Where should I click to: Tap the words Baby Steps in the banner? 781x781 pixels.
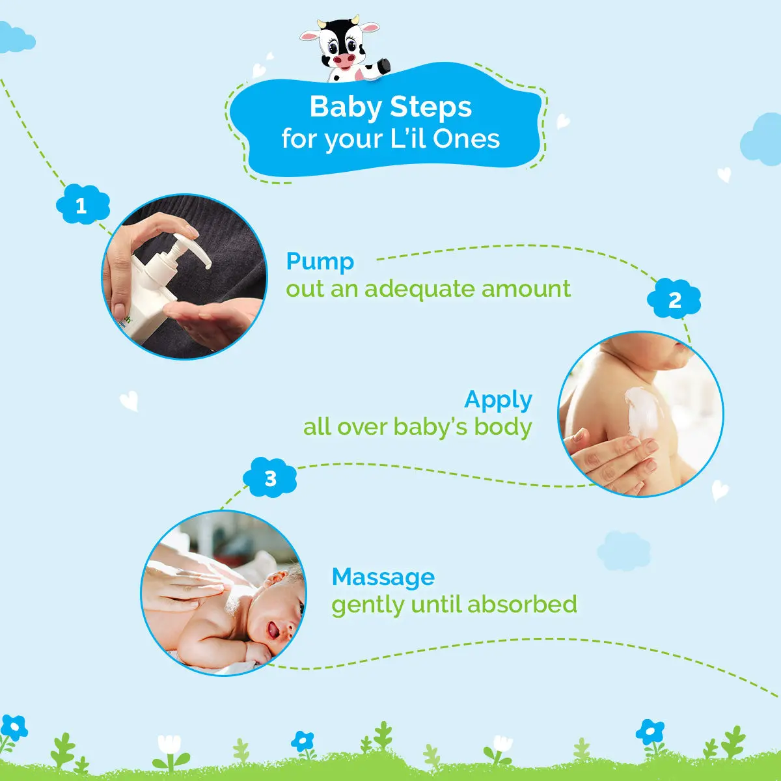[390, 107]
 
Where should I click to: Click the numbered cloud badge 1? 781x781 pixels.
[82, 205]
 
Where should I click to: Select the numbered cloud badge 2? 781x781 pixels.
[674, 299]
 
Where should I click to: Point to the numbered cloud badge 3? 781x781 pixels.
[270, 478]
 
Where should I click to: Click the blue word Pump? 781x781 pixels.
[320, 262]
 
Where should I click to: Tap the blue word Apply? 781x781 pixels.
[498, 400]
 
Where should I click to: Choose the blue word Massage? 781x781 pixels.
[383, 577]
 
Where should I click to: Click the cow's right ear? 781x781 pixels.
[370, 29]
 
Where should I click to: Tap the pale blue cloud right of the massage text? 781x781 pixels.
[623, 550]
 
